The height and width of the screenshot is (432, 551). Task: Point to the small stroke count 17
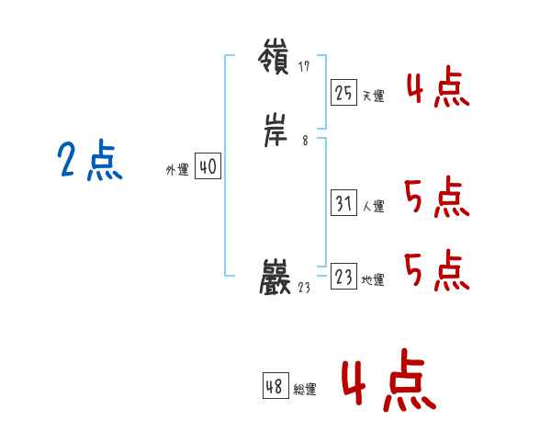tap(305, 66)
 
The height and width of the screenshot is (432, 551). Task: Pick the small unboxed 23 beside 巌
tap(305, 287)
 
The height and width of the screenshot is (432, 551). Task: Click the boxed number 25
tap(343, 92)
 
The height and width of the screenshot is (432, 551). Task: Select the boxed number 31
tap(343, 203)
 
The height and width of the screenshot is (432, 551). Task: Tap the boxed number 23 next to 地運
tap(343, 277)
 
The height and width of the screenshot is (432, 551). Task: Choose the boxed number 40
tap(208, 166)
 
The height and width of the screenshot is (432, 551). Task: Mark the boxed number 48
tap(275, 386)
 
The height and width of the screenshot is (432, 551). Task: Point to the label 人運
tap(373, 207)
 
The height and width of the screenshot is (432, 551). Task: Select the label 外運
tap(177, 170)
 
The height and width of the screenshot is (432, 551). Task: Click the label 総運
tap(305, 390)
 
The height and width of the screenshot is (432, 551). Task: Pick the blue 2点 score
tap(89, 163)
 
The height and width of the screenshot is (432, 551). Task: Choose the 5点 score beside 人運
tap(436, 198)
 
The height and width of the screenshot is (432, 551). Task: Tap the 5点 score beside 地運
tap(436, 269)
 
